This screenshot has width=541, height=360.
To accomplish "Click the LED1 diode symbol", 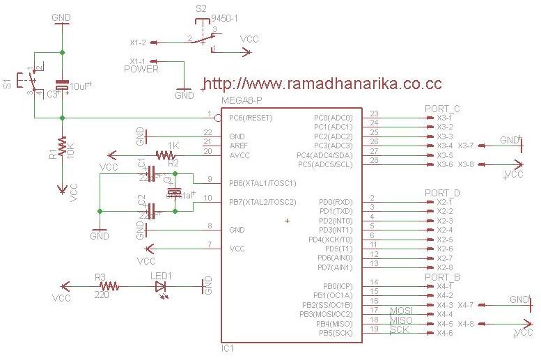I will [161, 285].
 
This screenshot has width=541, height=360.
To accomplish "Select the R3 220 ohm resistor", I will [109, 285].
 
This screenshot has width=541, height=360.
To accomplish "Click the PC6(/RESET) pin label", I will [251, 118].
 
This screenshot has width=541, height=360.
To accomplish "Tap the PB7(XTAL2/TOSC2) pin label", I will [262, 202].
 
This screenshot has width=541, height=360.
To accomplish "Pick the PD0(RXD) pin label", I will [336, 201].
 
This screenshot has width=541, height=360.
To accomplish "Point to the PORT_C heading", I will [441, 109].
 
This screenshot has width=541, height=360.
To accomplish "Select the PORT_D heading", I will [441, 192].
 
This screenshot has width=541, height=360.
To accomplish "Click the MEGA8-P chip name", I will [240, 102].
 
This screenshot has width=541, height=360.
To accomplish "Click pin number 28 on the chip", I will [374, 160].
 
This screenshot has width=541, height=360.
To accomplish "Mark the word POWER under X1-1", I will [141, 69].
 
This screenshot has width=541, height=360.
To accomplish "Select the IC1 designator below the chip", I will [228, 347].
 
